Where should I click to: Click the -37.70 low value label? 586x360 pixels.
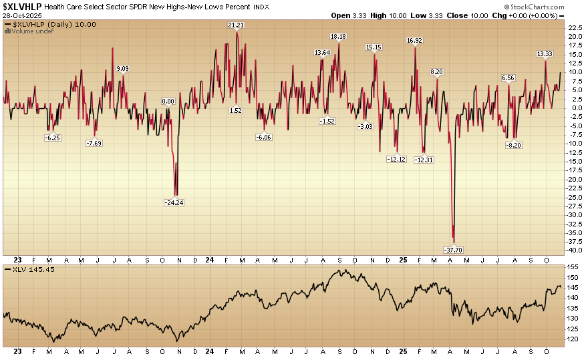point(453,250)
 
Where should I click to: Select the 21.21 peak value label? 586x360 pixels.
point(236,25)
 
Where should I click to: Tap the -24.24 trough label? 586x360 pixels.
point(174,202)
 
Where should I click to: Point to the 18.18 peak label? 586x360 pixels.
point(339,37)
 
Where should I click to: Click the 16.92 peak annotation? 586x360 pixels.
point(414,41)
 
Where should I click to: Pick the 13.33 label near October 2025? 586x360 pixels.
point(545,54)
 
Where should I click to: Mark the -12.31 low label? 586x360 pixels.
point(424,160)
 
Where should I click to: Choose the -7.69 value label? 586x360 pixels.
point(94,143)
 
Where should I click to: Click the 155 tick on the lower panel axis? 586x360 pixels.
point(572,267)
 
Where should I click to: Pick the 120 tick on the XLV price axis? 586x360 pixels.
point(572,339)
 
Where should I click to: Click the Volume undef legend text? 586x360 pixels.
point(29,31)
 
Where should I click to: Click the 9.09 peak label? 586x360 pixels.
point(123,69)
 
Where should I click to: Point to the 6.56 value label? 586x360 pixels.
point(509,78)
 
